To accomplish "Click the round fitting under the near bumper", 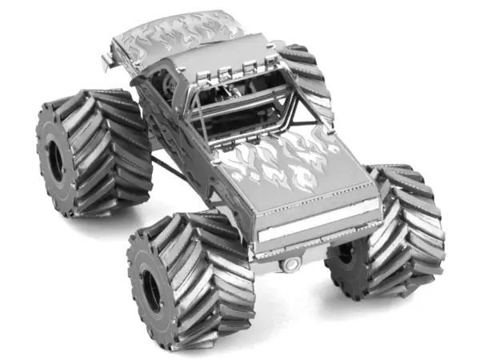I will (x=293, y=262).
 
